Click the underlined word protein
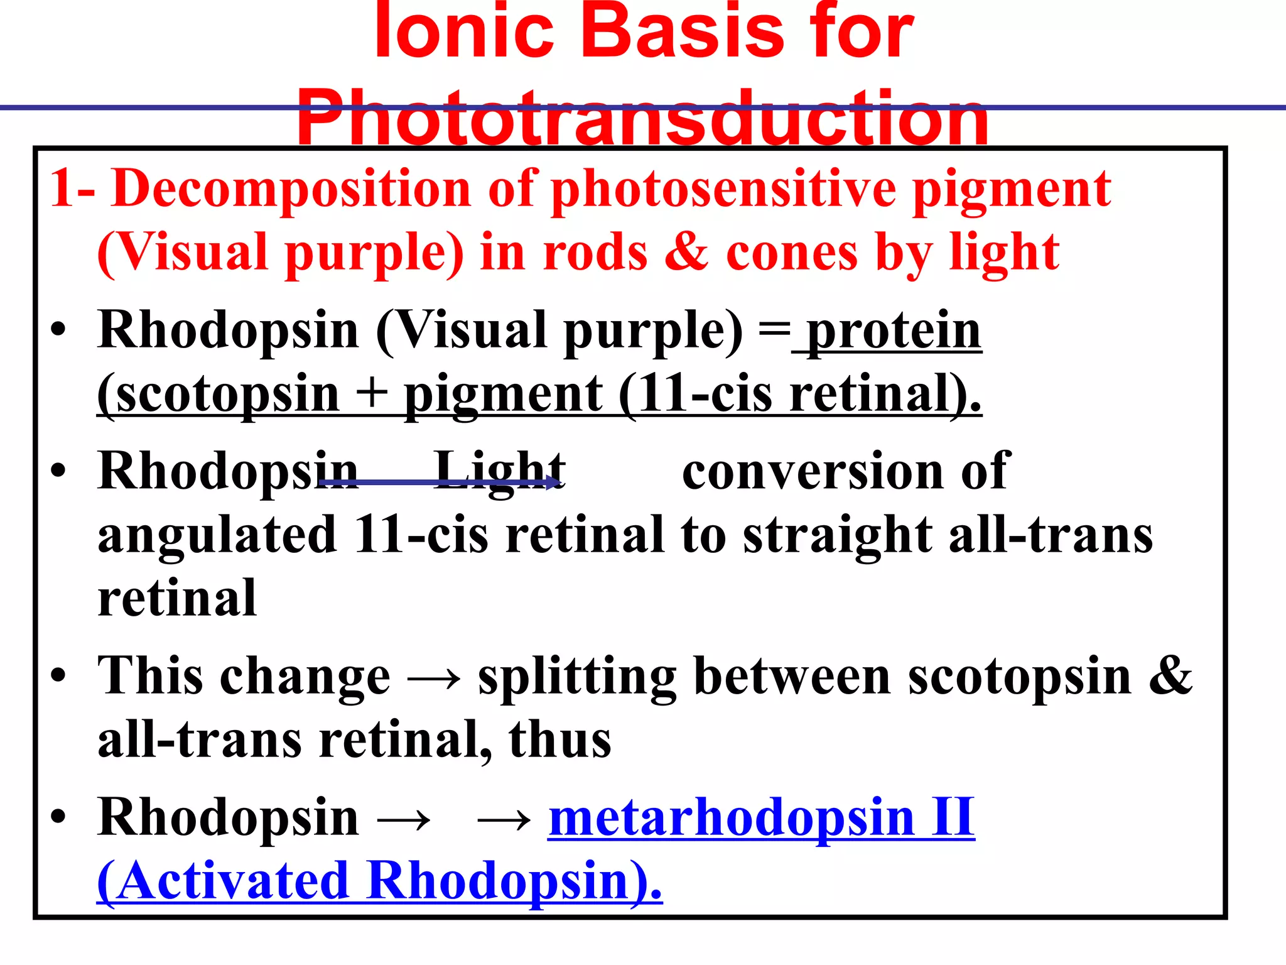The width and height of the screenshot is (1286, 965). tap(894, 331)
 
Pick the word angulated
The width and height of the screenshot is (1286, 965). tap(217, 535)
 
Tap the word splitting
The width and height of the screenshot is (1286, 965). tap(576, 677)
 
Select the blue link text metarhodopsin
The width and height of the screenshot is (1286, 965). tap(732, 818)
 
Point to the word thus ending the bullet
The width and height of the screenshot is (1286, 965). tap(559, 740)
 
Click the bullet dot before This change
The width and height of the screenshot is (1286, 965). tap(58, 676)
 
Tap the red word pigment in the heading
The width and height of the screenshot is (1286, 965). tap(1011, 188)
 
